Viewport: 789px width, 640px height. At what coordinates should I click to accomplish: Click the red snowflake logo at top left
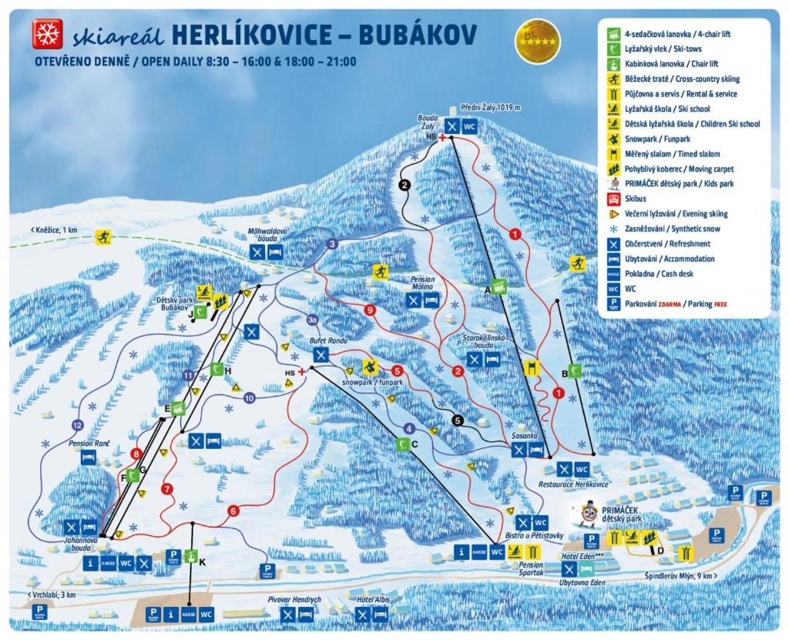pos(45,34)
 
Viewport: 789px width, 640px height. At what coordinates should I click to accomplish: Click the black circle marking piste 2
pos(404,184)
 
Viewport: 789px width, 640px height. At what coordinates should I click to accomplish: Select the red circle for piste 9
pos(370,310)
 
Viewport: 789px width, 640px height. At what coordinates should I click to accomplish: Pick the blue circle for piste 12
pos(76,425)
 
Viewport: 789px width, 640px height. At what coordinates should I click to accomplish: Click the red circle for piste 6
pos(233,510)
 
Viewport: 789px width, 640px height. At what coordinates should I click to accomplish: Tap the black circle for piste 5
pos(458,421)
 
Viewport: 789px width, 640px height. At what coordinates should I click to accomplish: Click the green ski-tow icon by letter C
pos(401,444)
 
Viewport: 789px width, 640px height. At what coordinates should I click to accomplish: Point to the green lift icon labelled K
pos(190,556)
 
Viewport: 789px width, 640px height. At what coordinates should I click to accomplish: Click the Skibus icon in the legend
pos(614,199)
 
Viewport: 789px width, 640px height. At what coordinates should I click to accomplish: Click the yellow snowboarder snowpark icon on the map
pos(370,367)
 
